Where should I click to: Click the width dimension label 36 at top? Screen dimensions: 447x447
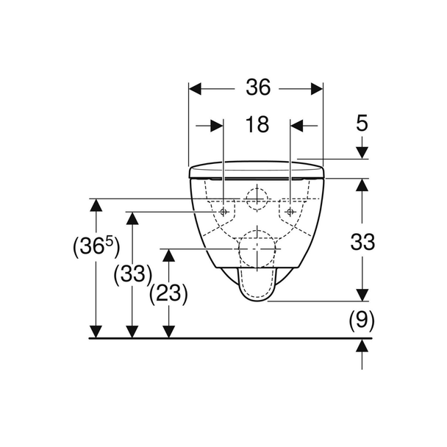pos(258,87)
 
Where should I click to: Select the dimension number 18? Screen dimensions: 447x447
pos(257,124)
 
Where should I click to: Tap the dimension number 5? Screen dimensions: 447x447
pos(362,124)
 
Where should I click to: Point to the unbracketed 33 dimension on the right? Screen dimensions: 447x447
pos(362,242)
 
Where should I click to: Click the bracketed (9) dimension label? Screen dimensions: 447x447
pos(362,321)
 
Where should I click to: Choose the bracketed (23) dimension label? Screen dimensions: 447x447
pos(169,293)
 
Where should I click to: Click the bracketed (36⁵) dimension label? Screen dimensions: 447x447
pos(96,246)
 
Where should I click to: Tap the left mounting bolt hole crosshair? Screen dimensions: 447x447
pos(223,212)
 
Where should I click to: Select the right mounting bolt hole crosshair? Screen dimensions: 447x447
pos(290,212)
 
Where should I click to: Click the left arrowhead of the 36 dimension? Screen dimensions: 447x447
pos(195,89)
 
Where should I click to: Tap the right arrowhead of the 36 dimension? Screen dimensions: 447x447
pos(317,89)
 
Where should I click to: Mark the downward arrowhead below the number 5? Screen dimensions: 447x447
pos(362,152)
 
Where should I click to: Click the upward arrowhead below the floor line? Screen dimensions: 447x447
pos(362,346)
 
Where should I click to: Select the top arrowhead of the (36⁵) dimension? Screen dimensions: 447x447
pos(96,205)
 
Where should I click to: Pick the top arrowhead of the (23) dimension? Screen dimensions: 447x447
pos(169,255)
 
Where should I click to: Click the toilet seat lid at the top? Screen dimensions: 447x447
pos(257,170)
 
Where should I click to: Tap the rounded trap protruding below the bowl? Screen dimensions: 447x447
pos(257,285)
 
